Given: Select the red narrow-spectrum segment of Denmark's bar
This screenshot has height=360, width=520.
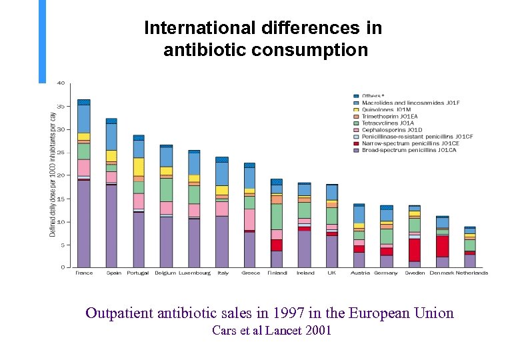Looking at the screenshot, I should point(443,246).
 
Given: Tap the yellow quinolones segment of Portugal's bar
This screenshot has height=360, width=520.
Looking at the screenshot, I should point(139,167).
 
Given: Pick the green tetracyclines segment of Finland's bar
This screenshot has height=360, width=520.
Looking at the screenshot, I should point(277,217).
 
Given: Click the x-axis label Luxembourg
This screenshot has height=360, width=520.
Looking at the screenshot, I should point(194,273).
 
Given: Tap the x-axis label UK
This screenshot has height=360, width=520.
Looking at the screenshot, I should point(332,273).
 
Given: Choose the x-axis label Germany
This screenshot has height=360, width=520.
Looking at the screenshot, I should point(387,273).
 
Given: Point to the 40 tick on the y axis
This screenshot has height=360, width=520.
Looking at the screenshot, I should point(61,83).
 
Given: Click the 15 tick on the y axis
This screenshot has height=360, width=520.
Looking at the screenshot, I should point(61,199).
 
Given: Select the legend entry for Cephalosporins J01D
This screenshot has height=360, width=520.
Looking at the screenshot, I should point(393,129).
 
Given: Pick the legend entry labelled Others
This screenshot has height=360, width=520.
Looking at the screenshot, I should point(373,96).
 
